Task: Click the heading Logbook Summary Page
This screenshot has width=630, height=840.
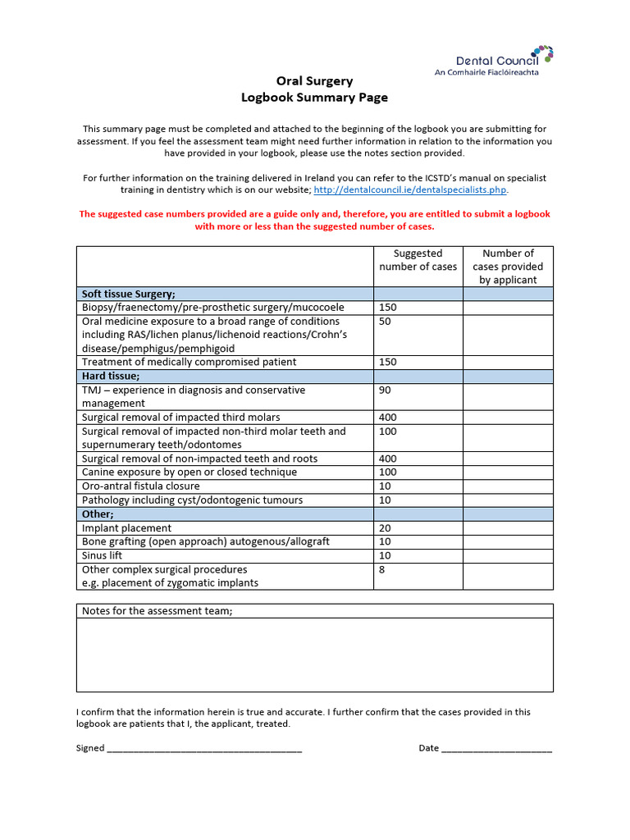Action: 314,98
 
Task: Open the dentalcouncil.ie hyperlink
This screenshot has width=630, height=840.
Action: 410,189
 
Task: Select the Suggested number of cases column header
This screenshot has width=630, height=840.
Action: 418,260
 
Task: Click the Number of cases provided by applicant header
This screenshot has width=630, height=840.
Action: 508,267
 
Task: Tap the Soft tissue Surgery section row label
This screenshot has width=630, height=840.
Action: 129,294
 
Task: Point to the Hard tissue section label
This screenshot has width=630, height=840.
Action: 111,376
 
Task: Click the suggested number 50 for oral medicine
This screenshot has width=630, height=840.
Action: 386,322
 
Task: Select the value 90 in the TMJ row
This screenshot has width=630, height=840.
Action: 386,390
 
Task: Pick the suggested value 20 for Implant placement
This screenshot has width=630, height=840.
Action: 386,528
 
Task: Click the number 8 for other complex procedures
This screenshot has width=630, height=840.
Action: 382,569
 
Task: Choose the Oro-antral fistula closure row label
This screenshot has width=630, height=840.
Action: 140,486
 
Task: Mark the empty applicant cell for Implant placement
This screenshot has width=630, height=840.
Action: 508,528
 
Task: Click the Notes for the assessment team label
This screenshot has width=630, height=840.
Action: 157,611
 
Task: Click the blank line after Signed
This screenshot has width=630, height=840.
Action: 204,748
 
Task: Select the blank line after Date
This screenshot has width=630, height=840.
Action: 497,748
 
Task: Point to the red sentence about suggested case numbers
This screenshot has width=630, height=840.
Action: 314,220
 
